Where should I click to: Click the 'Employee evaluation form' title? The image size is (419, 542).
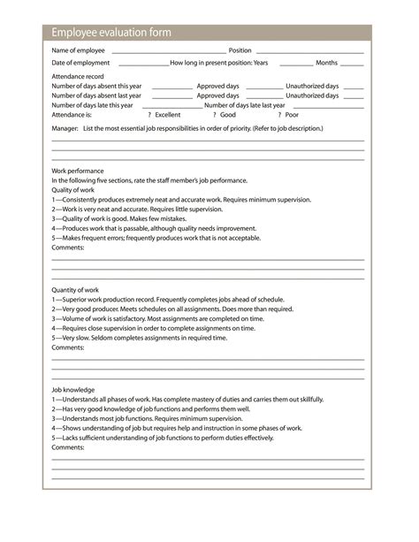click(x=111, y=33)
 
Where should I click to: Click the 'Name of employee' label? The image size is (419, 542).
click(x=79, y=50)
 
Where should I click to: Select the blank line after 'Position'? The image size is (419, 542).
click(x=309, y=51)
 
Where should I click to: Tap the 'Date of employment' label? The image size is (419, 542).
click(x=80, y=63)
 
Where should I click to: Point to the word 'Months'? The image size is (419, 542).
click(x=326, y=63)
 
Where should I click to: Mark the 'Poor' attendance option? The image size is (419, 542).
click(x=291, y=115)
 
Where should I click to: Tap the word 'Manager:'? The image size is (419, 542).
click(x=65, y=128)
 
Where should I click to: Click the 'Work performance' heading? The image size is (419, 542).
click(x=78, y=171)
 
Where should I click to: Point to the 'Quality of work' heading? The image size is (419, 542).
click(x=72, y=190)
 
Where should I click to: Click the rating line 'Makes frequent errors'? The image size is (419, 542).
click(x=156, y=238)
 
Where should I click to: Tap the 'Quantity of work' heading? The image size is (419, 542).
click(x=75, y=290)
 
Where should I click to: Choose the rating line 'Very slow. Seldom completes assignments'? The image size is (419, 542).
click(x=139, y=338)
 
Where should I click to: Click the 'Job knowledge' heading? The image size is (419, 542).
click(x=72, y=390)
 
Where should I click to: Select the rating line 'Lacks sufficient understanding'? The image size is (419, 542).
click(x=163, y=438)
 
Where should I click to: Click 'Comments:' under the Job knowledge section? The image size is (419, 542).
click(x=68, y=447)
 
